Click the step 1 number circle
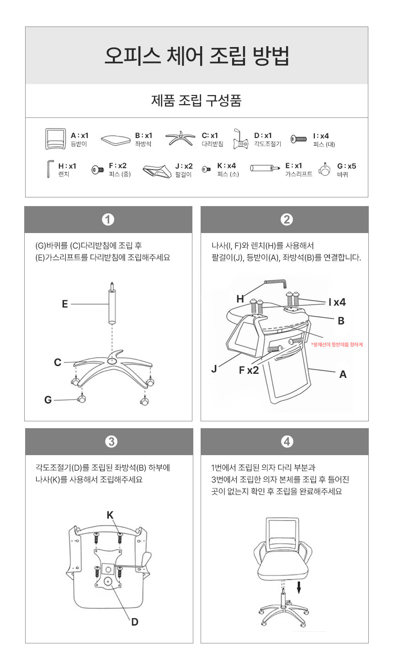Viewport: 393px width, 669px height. [108, 219]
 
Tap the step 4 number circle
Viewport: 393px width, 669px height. [287, 442]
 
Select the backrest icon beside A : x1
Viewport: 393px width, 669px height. [55, 139]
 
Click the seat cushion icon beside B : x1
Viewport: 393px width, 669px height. [116, 139]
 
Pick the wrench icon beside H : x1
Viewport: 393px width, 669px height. [49, 169]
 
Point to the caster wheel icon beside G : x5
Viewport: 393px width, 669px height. [325, 170]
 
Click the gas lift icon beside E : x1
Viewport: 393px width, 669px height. [265, 168]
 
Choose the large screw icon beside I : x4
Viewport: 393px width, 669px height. [298, 139]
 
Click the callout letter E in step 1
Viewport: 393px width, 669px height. [65, 304]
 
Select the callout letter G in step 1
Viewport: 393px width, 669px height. [48, 399]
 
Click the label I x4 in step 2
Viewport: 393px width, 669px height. [337, 302]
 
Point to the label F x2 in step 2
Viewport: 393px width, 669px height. [249, 370]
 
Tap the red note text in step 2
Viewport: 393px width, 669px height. [337, 345]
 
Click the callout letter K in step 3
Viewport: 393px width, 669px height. [110, 515]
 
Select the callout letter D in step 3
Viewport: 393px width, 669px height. [135, 622]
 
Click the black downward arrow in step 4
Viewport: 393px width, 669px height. [298, 588]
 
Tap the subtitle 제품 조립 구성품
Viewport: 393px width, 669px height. [196, 101]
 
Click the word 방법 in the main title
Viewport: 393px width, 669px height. [271, 56]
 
